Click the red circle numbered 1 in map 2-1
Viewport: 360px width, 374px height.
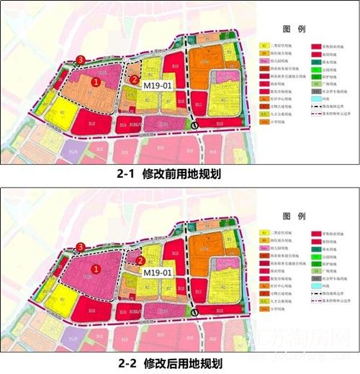pyautogui.click(x=96, y=82)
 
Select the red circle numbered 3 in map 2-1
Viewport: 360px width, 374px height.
pyautogui.click(x=81, y=59)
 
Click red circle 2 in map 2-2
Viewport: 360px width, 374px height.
pyautogui.click(x=141, y=261)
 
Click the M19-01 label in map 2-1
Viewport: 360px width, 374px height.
pyautogui.click(x=158, y=86)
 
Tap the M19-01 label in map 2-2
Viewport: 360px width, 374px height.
pyautogui.click(x=158, y=273)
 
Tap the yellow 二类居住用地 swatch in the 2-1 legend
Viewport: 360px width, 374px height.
pyautogui.click(x=265, y=45)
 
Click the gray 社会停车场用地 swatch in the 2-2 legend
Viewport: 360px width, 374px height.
pyautogui.click(x=316, y=276)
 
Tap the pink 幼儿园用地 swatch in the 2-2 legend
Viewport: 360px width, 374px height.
pyautogui.click(x=265, y=246)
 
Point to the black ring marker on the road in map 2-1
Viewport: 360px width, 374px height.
pyautogui.click(x=195, y=127)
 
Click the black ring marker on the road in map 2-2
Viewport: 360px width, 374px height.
pyautogui.click(x=195, y=312)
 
